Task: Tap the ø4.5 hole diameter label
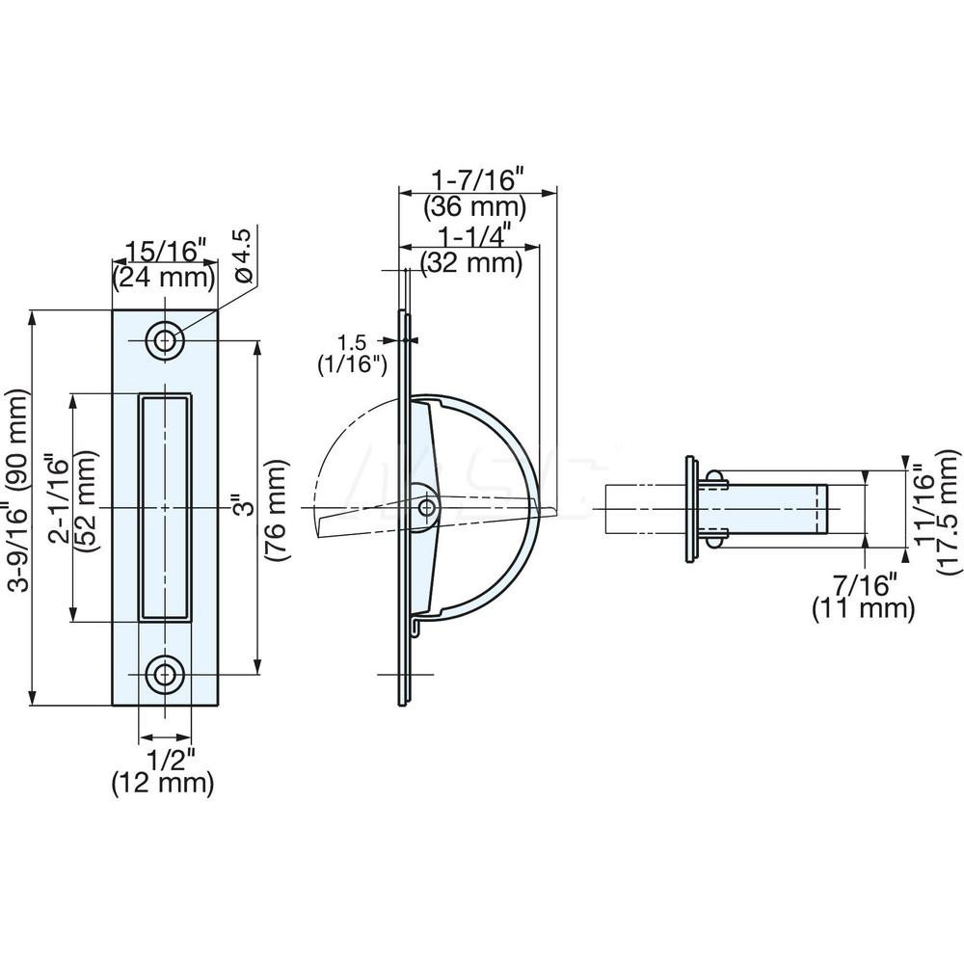243,254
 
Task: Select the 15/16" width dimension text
162,253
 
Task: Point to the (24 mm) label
162,279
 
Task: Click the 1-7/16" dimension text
477,179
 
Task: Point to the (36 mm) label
477,205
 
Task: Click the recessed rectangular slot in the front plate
164,506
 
